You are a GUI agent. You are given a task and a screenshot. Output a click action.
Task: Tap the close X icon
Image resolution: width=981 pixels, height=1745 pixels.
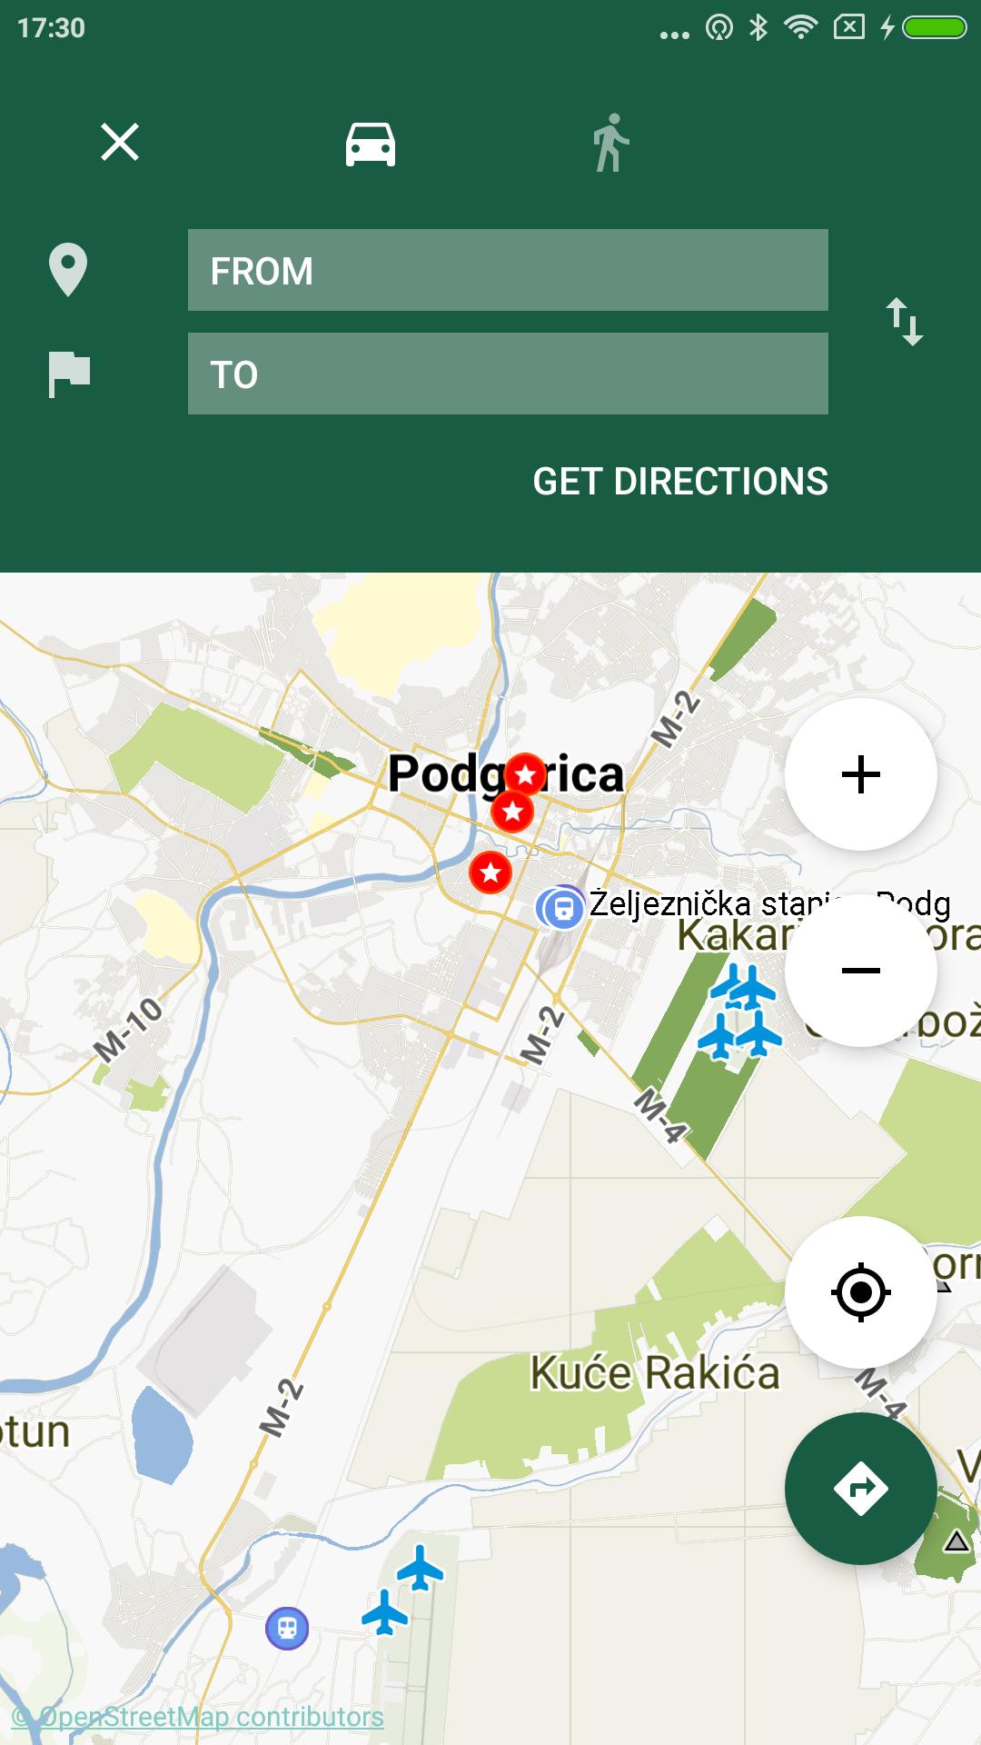tap(120, 143)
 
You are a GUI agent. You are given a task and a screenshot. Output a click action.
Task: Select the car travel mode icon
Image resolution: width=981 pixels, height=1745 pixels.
tap(371, 144)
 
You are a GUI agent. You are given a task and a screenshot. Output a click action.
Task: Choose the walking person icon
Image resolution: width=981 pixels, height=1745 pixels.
tap(610, 143)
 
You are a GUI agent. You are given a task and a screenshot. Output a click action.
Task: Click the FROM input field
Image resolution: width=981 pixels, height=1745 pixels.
tap(508, 270)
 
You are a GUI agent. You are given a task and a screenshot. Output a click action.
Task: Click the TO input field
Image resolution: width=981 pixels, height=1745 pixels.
tap(508, 374)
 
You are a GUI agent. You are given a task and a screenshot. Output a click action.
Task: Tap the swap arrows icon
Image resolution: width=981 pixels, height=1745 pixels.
tap(905, 321)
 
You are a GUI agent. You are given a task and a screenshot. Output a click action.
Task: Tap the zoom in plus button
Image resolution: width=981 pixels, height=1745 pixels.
tap(860, 774)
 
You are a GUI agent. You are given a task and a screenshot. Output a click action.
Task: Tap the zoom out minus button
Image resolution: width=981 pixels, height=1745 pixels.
tap(860, 971)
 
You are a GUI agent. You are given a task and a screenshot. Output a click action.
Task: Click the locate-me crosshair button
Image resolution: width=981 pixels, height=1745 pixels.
tap(860, 1291)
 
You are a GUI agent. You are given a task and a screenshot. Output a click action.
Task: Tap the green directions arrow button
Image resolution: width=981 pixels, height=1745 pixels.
tap(860, 1488)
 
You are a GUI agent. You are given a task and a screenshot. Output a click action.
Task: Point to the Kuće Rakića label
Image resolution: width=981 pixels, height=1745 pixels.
tap(655, 1372)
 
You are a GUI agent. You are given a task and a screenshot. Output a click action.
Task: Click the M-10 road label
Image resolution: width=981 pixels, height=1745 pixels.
tap(129, 1029)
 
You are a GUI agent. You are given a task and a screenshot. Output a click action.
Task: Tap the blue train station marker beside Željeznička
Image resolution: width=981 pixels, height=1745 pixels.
tap(562, 908)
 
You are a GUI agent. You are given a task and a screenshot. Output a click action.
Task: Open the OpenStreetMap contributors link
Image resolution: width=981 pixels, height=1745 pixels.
tap(198, 1717)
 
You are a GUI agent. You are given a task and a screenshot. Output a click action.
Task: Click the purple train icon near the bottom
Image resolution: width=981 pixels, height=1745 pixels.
tap(287, 1628)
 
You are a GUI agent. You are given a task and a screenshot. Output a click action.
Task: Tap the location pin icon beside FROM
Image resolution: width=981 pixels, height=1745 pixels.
tap(68, 270)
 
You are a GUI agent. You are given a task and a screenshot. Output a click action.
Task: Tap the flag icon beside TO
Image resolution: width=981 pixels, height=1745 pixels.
tap(69, 374)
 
